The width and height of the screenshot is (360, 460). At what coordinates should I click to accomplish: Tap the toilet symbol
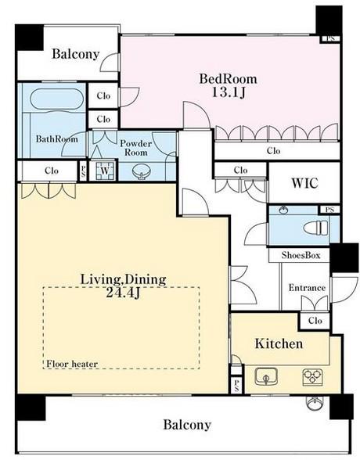coord(315,228)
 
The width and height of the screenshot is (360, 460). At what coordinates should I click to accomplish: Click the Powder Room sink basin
coord(142,171)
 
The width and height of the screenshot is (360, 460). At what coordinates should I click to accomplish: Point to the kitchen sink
coord(266,376)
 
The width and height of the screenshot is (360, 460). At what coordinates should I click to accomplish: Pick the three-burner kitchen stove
coord(312,377)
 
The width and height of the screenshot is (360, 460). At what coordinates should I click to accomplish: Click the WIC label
coord(304,183)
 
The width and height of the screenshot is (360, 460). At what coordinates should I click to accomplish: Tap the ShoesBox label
coord(301,255)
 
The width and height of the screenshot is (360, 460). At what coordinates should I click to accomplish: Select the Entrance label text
coord(307,288)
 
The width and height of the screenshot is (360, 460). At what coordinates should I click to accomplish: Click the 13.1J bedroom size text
coord(229,92)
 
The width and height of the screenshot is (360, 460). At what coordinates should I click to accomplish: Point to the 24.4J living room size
coord(123,293)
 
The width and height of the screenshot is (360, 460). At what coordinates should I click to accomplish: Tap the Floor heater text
coord(72,364)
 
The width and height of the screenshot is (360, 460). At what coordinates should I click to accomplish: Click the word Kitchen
coord(279,343)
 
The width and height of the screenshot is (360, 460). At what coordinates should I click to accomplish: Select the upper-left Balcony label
coord(76,54)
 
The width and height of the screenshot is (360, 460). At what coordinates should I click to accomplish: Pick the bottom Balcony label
coord(187,425)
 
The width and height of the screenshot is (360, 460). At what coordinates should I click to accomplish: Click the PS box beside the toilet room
coord(329,210)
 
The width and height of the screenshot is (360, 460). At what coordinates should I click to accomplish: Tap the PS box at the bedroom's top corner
coord(330,38)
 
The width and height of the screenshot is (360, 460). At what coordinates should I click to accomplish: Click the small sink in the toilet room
coord(283,210)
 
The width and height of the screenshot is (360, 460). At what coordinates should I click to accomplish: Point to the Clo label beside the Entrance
coord(315,321)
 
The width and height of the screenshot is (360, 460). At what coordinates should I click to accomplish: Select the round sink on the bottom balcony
coord(315,403)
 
